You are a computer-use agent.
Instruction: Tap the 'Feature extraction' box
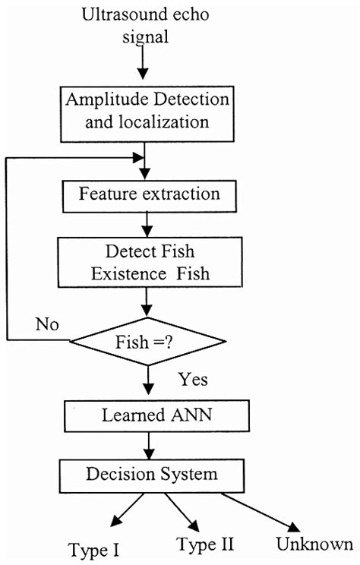[x=149, y=194]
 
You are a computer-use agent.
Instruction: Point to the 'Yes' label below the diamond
[x=192, y=377]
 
